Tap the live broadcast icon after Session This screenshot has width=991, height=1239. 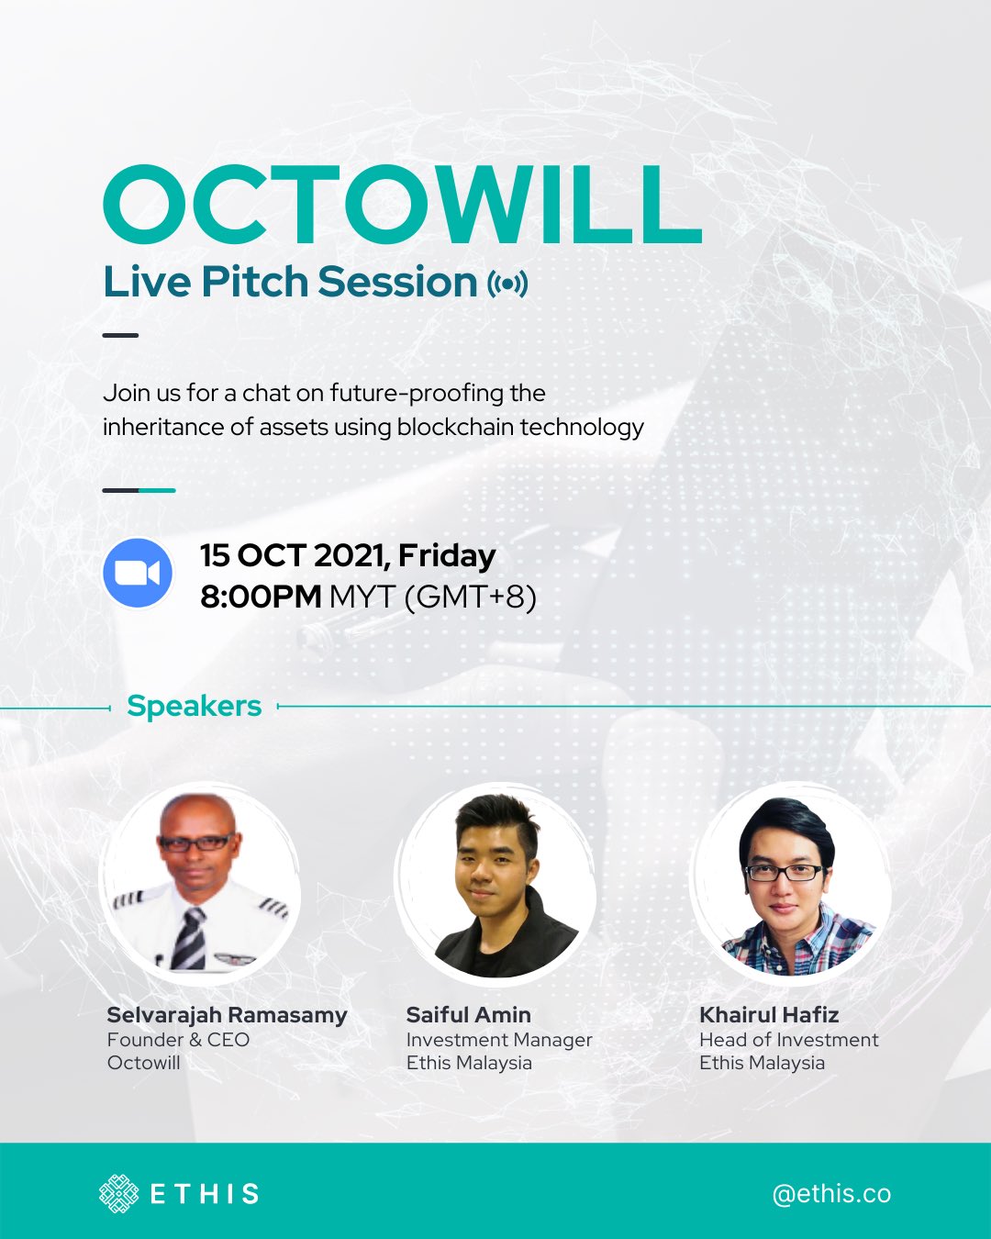507,284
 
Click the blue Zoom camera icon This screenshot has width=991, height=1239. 138,573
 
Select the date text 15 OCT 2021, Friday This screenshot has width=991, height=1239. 348,555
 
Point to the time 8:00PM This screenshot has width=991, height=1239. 261,597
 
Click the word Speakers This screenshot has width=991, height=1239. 194,706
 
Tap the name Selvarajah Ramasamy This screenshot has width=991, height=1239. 227,1015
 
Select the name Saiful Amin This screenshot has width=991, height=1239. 468,1015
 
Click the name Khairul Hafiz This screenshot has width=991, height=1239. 769,1015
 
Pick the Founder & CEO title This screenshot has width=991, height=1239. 178,1040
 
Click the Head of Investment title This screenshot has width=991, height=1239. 788,1040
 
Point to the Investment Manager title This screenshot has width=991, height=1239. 499,1040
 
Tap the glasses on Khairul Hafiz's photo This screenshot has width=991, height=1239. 783,872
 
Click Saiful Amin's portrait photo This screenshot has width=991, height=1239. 495,883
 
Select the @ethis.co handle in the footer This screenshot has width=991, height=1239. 831,1193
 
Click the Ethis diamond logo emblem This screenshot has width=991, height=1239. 118,1193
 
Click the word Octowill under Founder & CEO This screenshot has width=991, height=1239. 143,1063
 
